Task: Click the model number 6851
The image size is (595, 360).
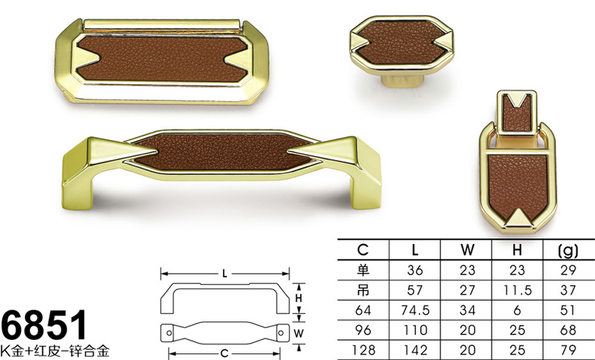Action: click(x=45, y=325)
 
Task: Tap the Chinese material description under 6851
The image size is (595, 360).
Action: click(x=55, y=350)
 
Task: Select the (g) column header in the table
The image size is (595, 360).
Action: click(x=568, y=251)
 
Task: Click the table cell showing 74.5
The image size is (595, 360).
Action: click(x=415, y=310)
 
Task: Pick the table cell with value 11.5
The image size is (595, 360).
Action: click(x=518, y=290)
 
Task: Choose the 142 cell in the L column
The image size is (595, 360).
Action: click(x=415, y=350)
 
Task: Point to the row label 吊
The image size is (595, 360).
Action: click(x=363, y=290)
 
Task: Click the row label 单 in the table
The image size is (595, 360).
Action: click(x=363, y=270)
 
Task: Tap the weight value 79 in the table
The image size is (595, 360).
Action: click(x=568, y=350)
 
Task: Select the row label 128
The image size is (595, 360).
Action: click(x=363, y=350)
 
